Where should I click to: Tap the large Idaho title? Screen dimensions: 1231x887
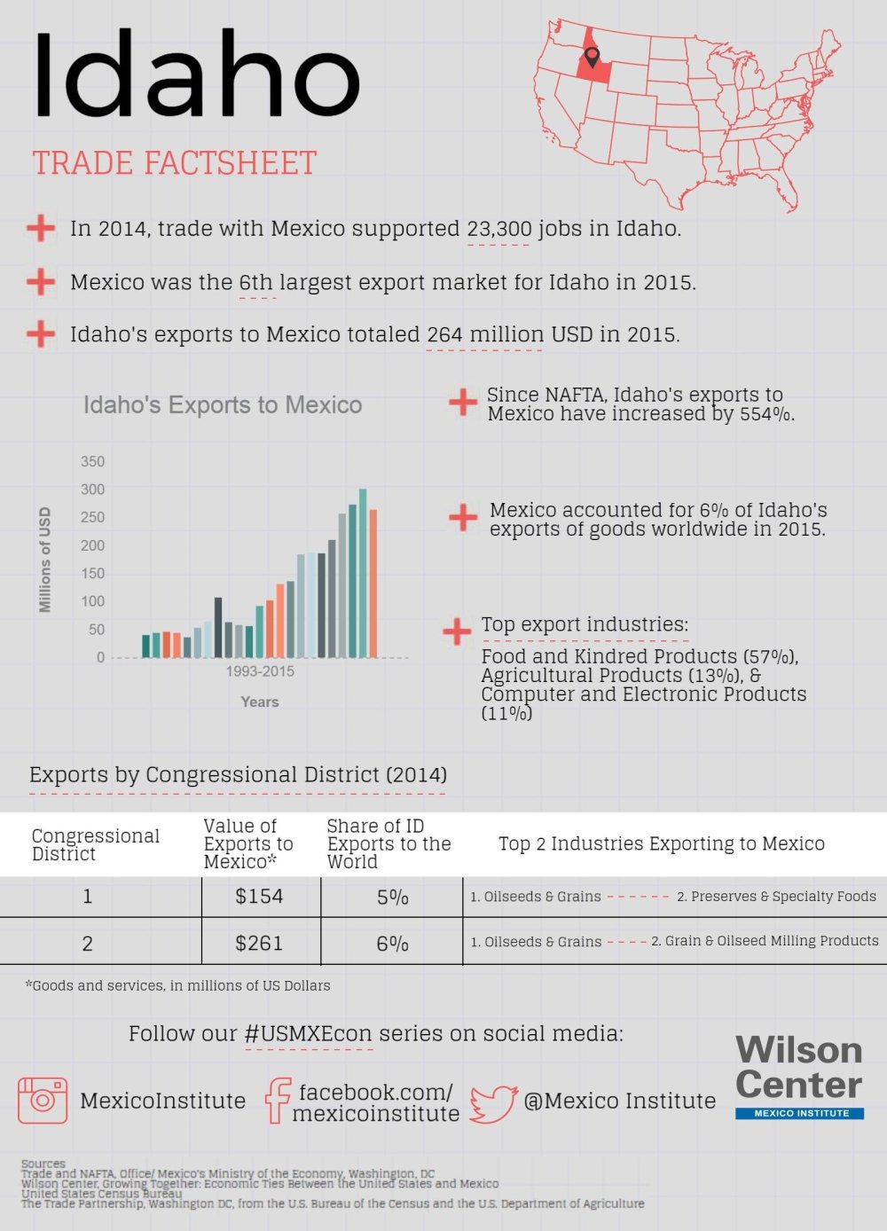pos(197,74)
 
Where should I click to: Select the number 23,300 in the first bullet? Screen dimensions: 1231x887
pos(499,229)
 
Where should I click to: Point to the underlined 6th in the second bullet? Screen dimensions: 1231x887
pos(256,283)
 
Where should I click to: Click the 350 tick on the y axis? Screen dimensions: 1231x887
pos(92,461)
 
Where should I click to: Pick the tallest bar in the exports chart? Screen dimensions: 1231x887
pos(363,572)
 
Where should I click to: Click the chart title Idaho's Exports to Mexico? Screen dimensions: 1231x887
pos(223,405)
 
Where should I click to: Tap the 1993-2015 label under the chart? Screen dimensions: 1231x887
pos(260,671)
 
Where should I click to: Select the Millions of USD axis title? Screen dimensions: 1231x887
pos(45,560)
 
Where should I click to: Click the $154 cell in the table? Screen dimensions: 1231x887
pos(259,897)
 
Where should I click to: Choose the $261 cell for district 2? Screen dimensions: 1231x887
pos(259,943)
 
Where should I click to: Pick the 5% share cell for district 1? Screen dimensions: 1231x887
pos(392,897)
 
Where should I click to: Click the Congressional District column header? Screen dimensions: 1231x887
pos(96,844)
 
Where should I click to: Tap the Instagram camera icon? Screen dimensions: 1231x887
pos(43,1100)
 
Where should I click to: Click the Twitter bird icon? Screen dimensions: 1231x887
pos(493,1102)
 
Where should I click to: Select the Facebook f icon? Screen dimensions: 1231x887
pos(278,1101)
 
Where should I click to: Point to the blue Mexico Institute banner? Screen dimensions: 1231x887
pos(799,1113)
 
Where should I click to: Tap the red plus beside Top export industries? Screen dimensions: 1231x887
pos(457,631)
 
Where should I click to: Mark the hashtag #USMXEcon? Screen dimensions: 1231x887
pos(309,1034)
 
